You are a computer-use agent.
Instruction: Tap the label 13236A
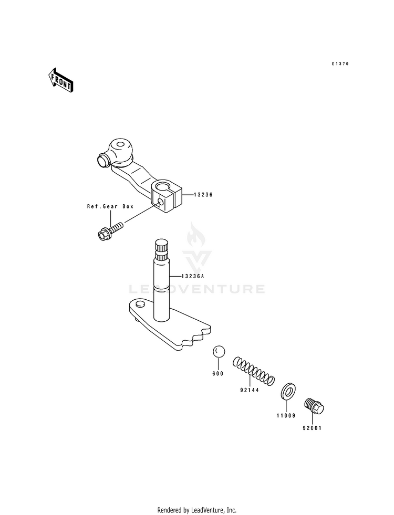(x=193, y=276)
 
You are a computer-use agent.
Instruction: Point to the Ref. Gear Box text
(x=110, y=207)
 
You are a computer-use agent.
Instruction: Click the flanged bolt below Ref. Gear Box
(x=109, y=231)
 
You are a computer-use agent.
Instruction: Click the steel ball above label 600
(x=219, y=352)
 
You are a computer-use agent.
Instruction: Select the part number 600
(x=217, y=373)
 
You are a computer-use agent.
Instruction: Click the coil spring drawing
(x=254, y=371)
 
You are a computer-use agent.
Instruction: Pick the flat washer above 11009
(x=287, y=391)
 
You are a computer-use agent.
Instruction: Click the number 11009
(x=286, y=415)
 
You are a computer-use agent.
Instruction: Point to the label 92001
(x=312, y=428)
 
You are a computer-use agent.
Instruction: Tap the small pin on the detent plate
(x=140, y=304)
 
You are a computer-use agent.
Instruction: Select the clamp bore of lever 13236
(x=163, y=186)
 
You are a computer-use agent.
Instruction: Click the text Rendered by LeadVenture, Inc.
(x=197, y=510)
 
